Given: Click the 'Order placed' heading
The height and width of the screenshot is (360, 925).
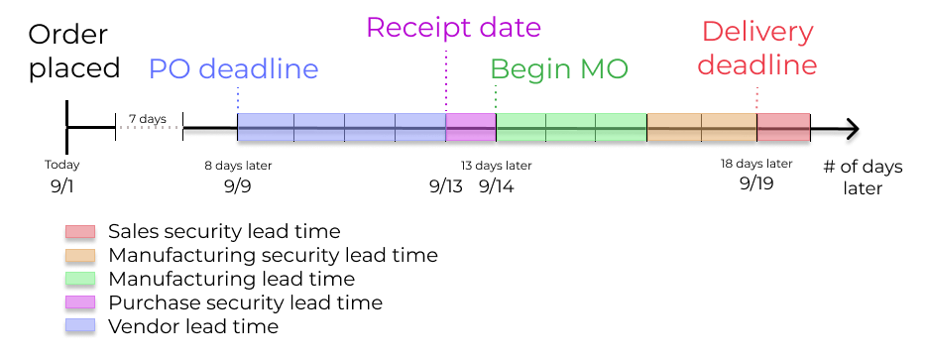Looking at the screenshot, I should point(74,52).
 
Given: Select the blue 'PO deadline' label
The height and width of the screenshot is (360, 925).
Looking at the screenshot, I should point(234,68).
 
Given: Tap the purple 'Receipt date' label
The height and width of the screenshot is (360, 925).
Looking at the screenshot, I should point(453,27).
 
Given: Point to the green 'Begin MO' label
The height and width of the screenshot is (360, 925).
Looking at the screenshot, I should point(559,69).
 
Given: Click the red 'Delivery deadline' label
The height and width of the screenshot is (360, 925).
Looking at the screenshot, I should point(757,49).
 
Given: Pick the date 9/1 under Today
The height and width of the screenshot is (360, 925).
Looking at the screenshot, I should point(62,185).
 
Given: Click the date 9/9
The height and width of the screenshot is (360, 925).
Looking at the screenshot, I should point(238,185).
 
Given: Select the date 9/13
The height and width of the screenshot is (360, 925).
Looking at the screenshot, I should point(446,185).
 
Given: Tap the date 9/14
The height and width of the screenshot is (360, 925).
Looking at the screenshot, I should point(496,185).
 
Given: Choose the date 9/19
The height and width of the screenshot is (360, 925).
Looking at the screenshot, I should point(756,184).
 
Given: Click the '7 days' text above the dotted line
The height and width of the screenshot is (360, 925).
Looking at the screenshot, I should point(148,119).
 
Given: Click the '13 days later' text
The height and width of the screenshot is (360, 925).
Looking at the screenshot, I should point(497,166).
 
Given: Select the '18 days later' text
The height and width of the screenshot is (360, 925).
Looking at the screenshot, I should point(756,164).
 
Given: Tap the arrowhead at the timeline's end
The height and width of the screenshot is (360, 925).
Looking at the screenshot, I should point(851,129).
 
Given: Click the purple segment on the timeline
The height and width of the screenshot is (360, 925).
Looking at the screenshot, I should point(471,128).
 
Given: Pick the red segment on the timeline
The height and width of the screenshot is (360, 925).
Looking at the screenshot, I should point(783,128).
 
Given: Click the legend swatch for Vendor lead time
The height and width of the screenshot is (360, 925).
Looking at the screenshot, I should point(80,325).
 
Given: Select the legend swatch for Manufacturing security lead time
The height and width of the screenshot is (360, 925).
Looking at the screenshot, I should point(80,255).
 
